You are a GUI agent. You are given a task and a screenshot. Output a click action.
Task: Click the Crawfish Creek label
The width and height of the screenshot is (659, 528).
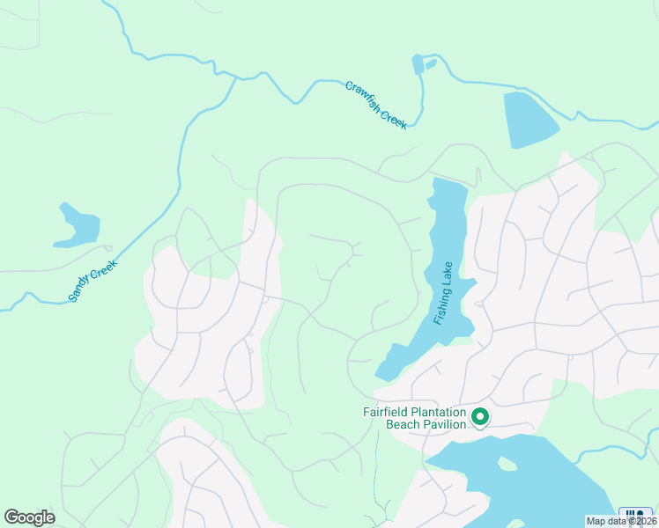tap(376, 105)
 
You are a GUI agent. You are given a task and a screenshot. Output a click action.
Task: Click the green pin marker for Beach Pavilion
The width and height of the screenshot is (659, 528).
tap(480, 416)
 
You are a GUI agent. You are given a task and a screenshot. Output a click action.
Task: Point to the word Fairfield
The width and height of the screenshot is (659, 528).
tap(389, 411)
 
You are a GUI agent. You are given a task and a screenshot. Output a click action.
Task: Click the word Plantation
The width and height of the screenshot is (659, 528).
tap(442, 411)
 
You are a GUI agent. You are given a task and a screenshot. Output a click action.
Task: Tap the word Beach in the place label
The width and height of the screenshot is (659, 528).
tap(404, 424)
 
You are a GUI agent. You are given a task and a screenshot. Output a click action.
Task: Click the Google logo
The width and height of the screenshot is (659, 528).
tap(29, 517)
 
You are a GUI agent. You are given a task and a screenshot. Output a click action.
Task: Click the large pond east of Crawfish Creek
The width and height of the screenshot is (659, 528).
tap(529, 118)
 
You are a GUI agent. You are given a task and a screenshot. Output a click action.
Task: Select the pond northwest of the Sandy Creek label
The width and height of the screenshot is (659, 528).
tap(75, 226)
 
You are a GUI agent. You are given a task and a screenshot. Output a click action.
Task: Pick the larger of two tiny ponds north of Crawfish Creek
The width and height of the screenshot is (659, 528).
tap(418, 64)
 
